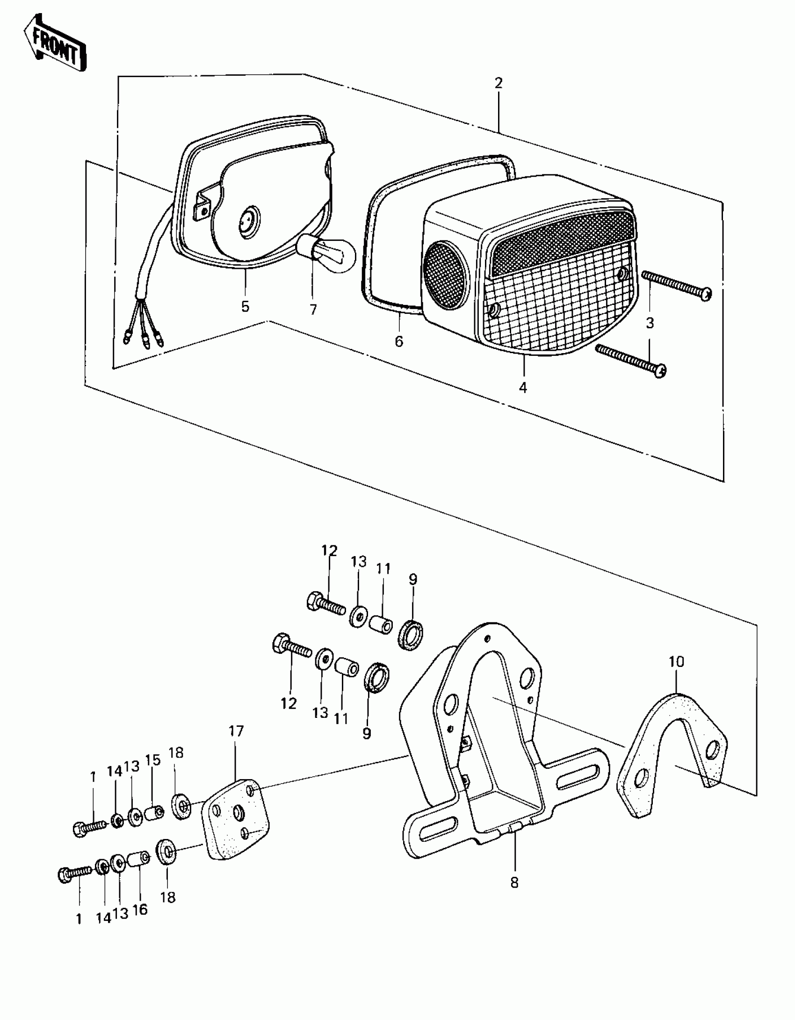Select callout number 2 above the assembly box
[499, 83]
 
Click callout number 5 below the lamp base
[245, 307]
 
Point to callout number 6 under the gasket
[398, 341]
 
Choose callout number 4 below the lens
[523, 387]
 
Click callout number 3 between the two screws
[650, 323]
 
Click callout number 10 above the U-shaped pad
[676, 661]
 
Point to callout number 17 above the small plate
[236, 731]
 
